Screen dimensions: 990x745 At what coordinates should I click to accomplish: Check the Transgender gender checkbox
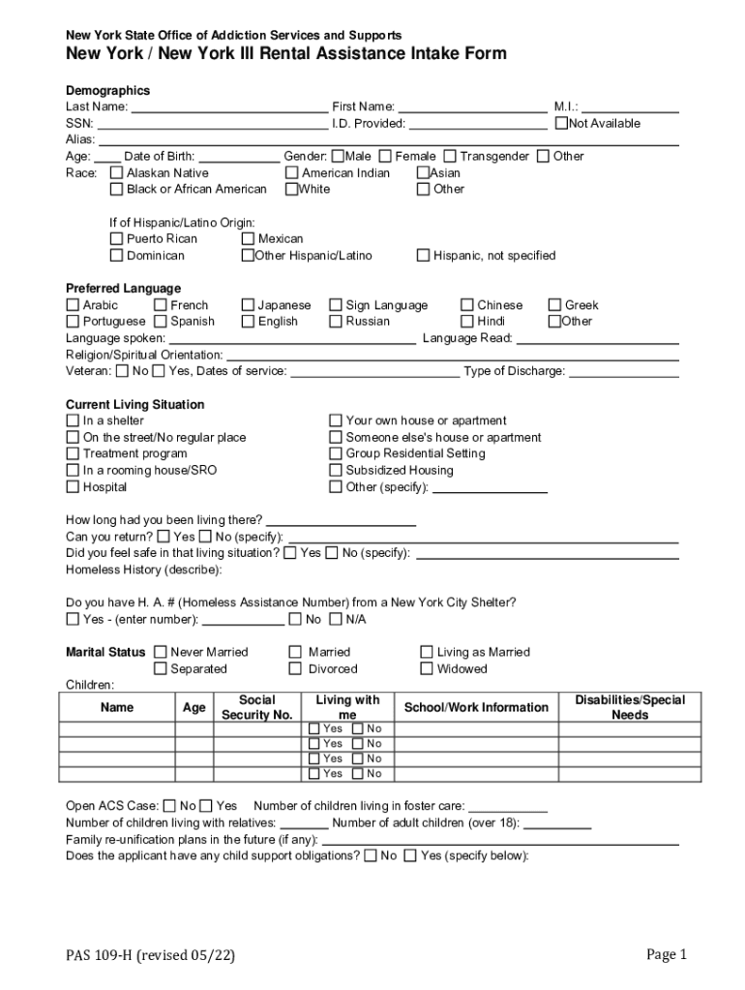pos(450,157)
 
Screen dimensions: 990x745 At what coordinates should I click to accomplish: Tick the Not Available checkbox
pos(561,124)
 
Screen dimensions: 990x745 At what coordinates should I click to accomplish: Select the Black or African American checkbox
pos(117,189)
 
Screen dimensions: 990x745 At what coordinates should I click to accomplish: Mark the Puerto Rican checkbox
pos(117,239)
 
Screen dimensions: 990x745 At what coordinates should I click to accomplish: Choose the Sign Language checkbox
pos(336,306)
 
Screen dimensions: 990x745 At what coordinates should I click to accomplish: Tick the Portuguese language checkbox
pos(73,322)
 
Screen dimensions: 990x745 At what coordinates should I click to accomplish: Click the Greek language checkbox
pos(555,306)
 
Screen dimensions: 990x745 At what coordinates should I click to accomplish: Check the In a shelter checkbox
pos(73,422)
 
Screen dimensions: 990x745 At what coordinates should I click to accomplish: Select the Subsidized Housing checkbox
pos(336,471)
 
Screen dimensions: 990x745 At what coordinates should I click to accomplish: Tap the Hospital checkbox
pos(73,487)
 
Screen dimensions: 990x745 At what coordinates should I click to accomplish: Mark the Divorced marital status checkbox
pos(295,669)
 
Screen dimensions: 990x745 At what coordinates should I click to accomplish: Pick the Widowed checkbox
pos(427,669)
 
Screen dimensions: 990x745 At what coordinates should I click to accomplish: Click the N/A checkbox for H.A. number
pos(336,620)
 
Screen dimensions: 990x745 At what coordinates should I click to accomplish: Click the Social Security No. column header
pos(256,708)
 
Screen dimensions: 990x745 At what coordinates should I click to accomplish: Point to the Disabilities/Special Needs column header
pos(630,708)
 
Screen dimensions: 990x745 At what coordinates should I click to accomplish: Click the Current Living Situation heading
pos(134,405)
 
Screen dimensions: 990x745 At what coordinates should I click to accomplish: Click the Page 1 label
pos(666,955)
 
